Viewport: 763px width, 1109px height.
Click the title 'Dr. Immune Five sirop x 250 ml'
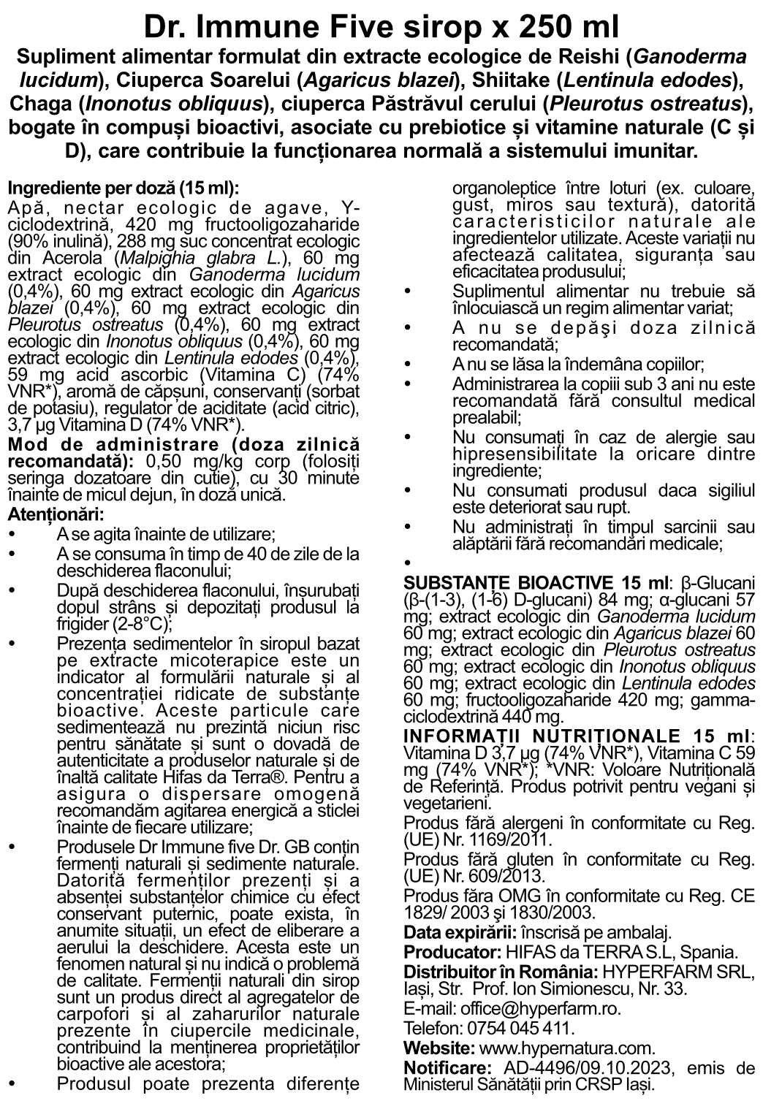[x=381, y=27]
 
